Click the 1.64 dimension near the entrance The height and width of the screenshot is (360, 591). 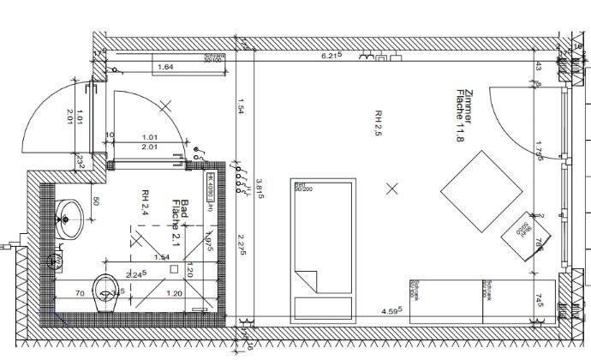pos(166,66)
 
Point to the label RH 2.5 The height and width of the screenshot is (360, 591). pos(377,123)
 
